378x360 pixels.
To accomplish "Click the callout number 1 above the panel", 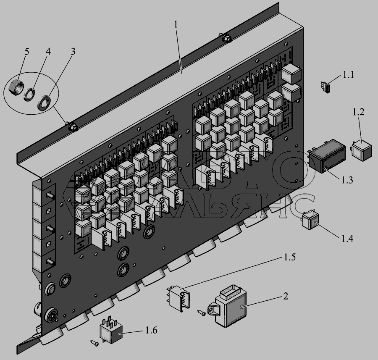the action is (176, 24).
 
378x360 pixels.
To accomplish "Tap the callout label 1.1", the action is (348, 75).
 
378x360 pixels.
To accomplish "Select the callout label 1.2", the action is (359, 112).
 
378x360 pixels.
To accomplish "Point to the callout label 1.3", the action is (347, 180).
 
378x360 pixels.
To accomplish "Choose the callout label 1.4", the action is (347, 239).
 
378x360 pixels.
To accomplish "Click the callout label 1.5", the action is (289, 257).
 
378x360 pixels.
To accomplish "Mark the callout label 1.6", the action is (151, 330).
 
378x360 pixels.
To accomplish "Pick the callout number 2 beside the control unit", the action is (286, 296).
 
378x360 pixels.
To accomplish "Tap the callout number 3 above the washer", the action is (73, 51).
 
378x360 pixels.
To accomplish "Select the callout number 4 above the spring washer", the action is (48, 51).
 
